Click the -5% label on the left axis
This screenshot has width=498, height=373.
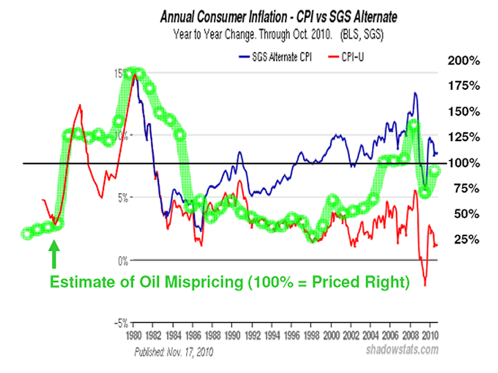click(x=120, y=323)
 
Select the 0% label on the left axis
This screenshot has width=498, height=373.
click(x=122, y=261)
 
